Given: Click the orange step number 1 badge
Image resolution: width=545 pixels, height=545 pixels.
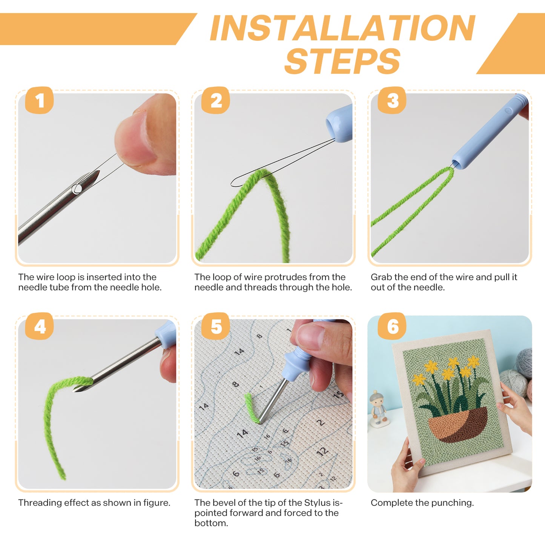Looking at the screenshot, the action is pyautogui.click(x=39, y=100).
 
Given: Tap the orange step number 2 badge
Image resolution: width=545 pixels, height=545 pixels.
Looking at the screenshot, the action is pyautogui.click(x=215, y=100).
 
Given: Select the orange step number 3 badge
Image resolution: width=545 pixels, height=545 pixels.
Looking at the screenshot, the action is pyautogui.click(x=392, y=100).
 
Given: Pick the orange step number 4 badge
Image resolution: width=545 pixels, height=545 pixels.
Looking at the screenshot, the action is pyautogui.click(x=39, y=326).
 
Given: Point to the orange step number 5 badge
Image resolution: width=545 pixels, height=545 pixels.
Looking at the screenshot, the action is pyautogui.click(x=215, y=326).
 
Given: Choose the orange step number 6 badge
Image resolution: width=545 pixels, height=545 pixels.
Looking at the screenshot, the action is pyautogui.click(x=392, y=326).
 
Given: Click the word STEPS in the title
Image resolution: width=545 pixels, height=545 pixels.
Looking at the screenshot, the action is pyautogui.click(x=342, y=61).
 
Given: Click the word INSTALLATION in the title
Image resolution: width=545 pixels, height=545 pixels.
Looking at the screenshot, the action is pyautogui.click(x=342, y=28).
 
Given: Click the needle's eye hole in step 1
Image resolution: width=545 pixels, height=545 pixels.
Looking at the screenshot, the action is pyautogui.click(x=77, y=189).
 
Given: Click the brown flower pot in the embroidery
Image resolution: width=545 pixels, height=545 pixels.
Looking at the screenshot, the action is pyautogui.click(x=458, y=424).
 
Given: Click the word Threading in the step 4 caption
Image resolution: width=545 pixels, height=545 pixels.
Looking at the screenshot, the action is pyautogui.click(x=40, y=503).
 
